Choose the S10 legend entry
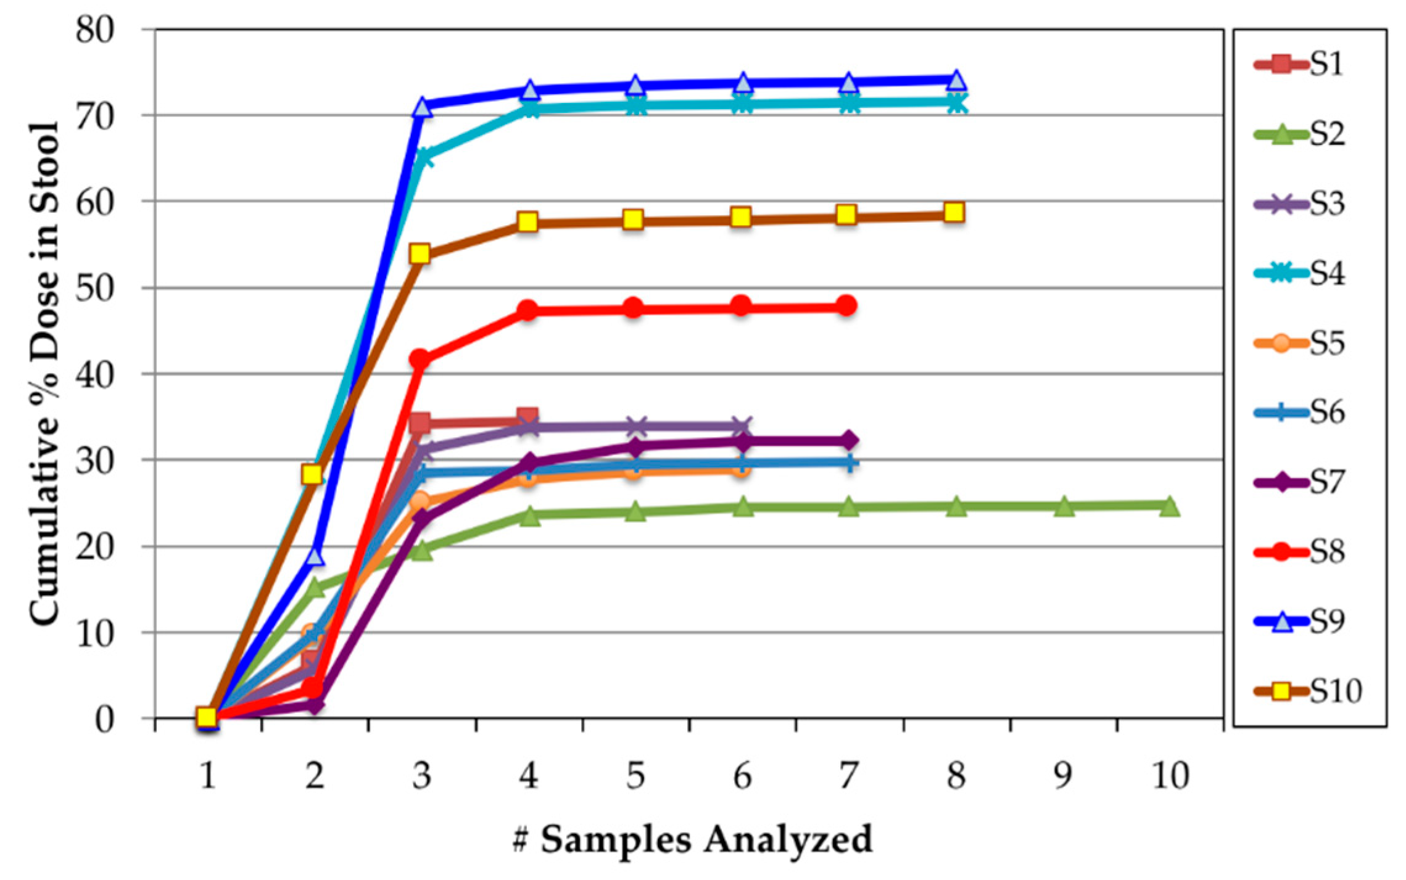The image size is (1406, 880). (1308, 691)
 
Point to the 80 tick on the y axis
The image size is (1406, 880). (96, 30)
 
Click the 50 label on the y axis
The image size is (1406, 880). (96, 288)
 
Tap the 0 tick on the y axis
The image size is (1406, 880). (105, 719)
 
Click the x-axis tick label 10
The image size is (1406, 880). (1170, 776)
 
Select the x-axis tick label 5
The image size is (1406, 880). (635, 776)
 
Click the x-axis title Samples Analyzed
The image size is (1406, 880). (692, 839)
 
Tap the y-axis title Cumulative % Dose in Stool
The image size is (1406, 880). (44, 373)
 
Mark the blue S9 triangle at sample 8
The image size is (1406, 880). (956, 80)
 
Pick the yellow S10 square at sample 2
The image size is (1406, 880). (312, 474)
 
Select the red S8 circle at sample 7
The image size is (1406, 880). (847, 305)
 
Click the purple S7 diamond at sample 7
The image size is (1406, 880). (848, 440)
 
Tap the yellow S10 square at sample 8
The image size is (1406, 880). (954, 213)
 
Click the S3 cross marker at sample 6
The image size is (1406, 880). (742, 426)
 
